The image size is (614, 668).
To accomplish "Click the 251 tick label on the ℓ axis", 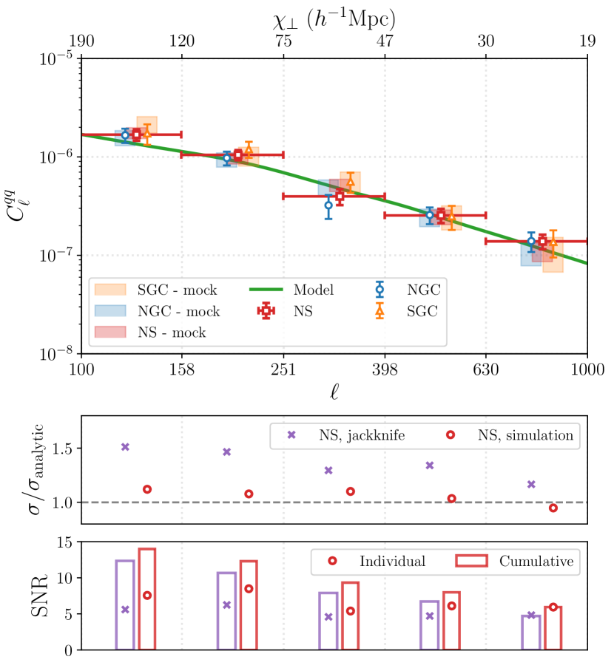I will tap(283, 368).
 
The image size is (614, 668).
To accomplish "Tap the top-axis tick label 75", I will tap(283, 42).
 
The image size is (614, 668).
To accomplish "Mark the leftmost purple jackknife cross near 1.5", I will tap(125, 446).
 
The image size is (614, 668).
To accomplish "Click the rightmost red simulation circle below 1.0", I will tap(553, 508).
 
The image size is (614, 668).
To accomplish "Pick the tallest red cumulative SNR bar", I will tap(146, 599).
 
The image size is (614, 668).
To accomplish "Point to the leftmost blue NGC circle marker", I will tap(125, 134).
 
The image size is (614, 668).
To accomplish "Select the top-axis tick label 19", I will tap(587, 42).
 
